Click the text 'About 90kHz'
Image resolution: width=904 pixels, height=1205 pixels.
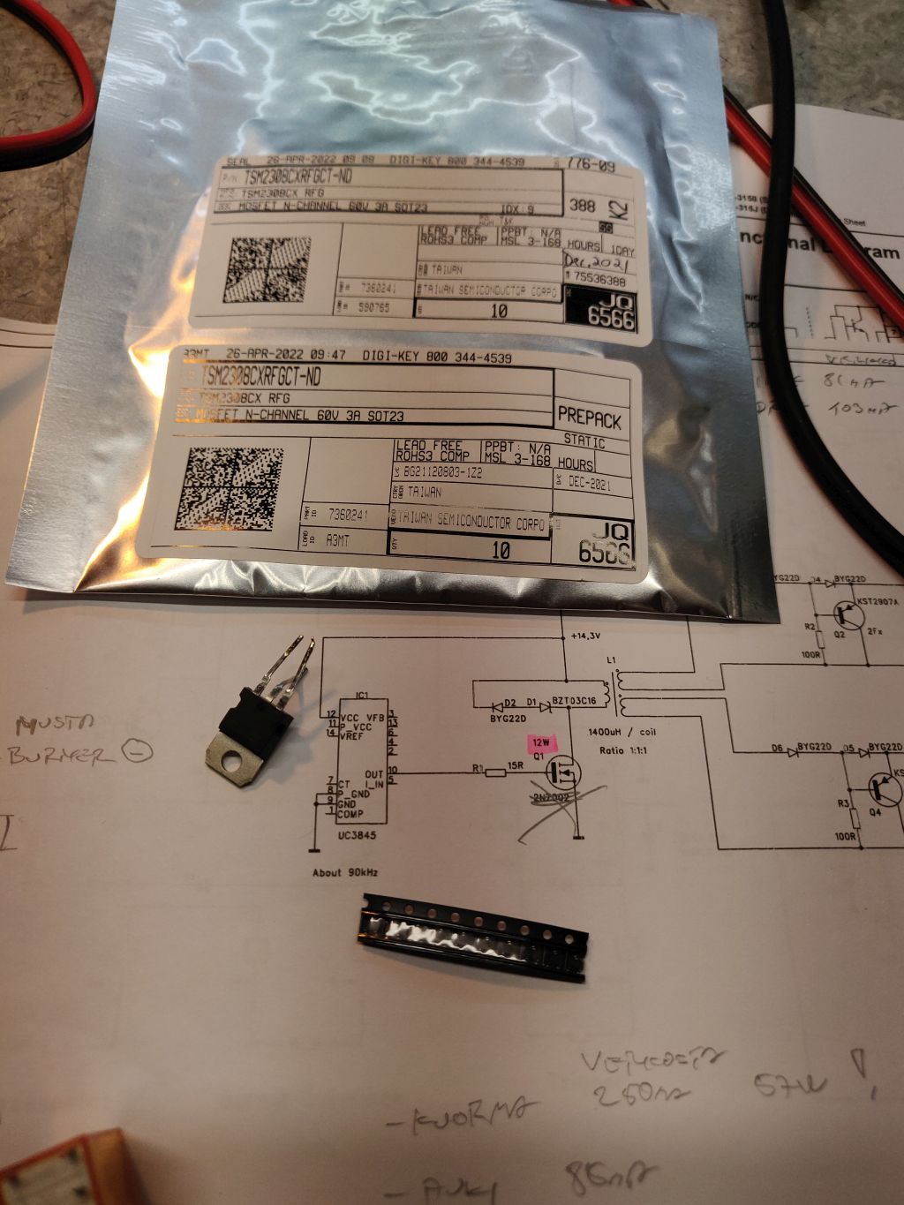tap(345, 872)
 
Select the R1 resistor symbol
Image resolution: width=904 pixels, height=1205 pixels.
tap(495, 772)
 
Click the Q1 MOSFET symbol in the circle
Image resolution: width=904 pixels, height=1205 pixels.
tap(561, 773)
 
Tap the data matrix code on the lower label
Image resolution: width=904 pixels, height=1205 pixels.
tap(235, 488)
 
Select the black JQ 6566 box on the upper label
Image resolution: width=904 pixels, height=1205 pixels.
tap(601, 311)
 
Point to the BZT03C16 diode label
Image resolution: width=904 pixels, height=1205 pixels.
tap(575, 701)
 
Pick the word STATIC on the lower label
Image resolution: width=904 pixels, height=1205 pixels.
tap(584, 442)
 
